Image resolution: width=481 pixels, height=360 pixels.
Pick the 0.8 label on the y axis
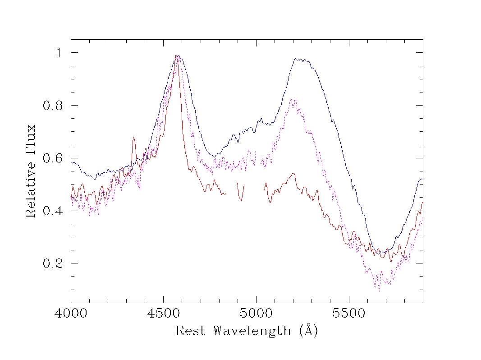tap(53, 106)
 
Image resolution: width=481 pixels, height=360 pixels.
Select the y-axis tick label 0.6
tap(53, 158)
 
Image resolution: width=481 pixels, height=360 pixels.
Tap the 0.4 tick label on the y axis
tap(53, 211)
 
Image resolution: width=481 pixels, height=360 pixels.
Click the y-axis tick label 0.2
tap(53, 263)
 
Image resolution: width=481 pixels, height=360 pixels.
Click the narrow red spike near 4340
tap(133, 138)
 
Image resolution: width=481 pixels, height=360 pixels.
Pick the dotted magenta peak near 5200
tap(293, 100)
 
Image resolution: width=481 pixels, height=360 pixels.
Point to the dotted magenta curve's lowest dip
tap(379, 291)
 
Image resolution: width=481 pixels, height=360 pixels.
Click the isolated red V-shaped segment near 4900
tap(241, 200)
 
